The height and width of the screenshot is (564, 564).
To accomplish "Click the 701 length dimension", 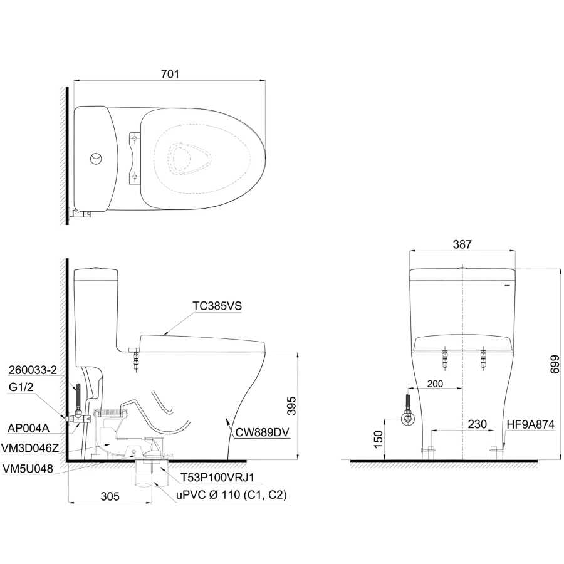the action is click(170, 74).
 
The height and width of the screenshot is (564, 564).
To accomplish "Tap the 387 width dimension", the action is click(462, 244).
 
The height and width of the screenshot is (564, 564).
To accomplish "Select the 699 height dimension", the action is click(555, 364).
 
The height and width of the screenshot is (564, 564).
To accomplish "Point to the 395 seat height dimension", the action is click(291, 405).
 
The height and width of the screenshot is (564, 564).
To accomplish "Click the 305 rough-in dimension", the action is click(110, 496).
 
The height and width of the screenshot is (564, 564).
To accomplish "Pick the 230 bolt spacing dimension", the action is click(477, 424).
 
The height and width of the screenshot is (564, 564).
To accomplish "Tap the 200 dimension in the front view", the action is click(435, 384).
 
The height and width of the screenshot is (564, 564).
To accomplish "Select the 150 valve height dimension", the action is click(379, 439).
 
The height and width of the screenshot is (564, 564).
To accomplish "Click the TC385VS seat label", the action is click(217, 306).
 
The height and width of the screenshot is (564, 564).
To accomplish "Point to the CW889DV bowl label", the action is click(262, 432).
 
